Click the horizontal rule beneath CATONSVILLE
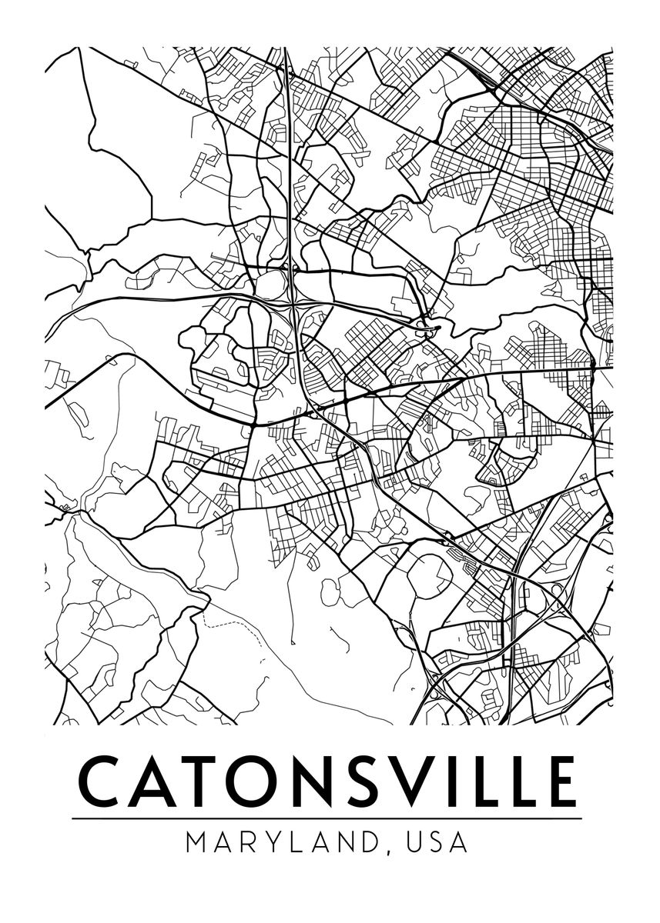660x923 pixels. pyautogui.click(x=327, y=818)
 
